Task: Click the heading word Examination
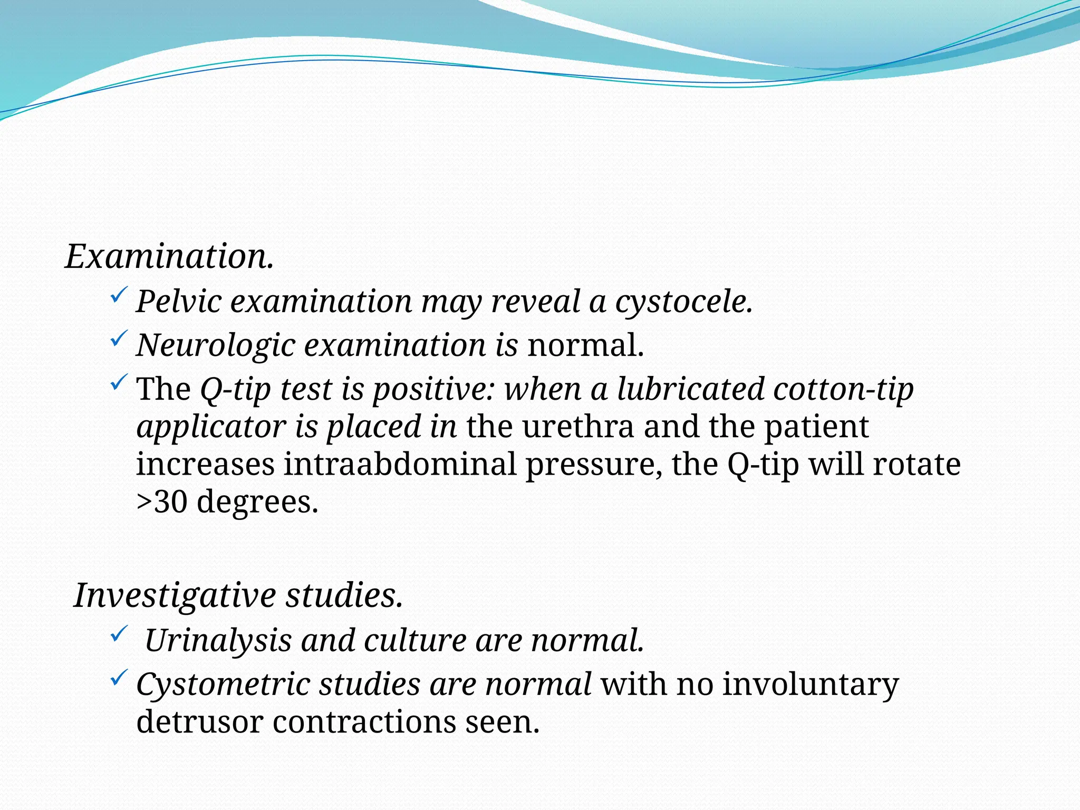point(169,257)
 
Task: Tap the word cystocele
point(684,302)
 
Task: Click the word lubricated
point(691,389)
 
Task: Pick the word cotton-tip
point(843,389)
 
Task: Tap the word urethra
point(578,427)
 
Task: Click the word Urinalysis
point(218,641)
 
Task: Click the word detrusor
point(199,722)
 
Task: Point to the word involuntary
point(811,684)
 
